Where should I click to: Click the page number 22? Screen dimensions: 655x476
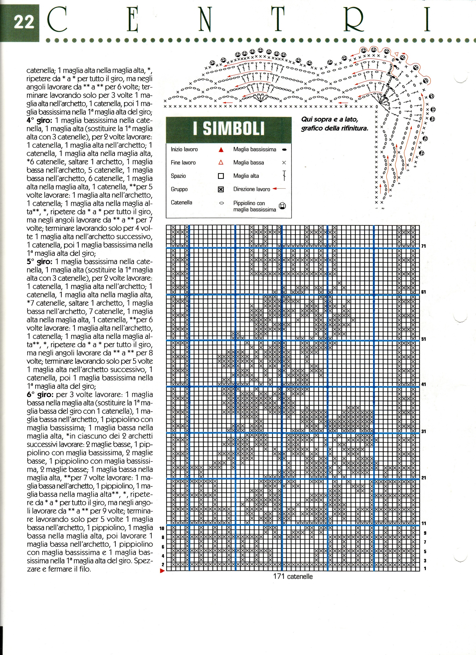24,22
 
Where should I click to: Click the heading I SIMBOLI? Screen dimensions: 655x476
229,129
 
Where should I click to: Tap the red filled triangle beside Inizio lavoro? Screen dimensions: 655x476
221,150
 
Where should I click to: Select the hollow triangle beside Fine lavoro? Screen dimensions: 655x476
221,163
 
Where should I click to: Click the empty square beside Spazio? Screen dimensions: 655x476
221,176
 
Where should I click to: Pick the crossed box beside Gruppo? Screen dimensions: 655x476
221,190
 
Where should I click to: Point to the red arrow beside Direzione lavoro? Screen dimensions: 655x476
279,189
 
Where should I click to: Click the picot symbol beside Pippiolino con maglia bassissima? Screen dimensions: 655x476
282,206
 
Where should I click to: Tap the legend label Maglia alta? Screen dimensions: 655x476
246,176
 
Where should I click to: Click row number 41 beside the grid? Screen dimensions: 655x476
424,384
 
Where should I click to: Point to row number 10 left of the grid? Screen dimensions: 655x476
162,528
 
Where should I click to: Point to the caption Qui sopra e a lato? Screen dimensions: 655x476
329,119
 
